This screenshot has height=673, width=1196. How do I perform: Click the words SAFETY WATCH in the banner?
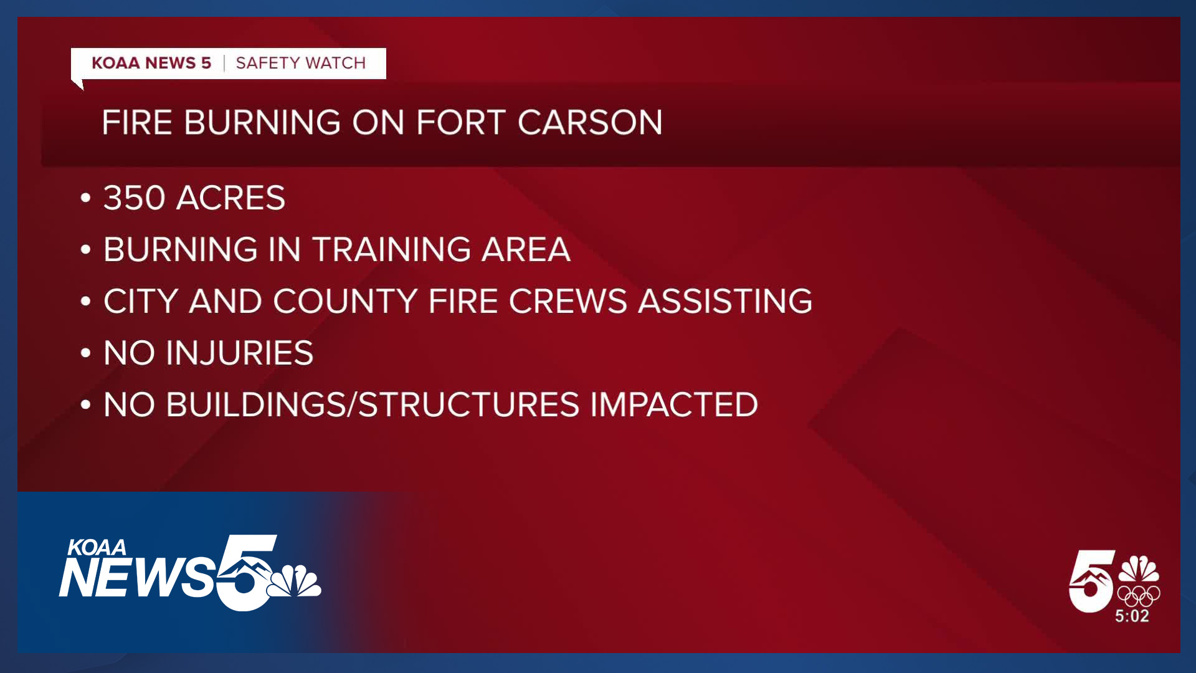coord(300,63)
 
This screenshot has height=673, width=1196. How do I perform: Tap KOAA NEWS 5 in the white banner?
coord(151,63)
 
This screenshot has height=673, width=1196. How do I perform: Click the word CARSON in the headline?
coord(590,122)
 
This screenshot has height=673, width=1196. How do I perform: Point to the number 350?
coord(134,198)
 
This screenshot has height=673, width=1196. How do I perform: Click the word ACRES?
coord(230,198)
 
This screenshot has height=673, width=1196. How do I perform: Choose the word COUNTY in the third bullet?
coord(345,301)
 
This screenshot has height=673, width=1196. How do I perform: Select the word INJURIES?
coord(239,353)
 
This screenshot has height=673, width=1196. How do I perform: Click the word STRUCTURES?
coord(469,404)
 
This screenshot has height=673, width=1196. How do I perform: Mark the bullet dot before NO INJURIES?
coord(86,353)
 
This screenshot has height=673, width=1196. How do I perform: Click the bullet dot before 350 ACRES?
coord(86,199)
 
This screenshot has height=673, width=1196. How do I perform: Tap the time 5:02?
coord(1132,616)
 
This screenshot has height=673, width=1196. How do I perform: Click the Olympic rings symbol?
coord(1139,596)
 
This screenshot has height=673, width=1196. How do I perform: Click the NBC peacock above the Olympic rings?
coord(1139,569)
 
